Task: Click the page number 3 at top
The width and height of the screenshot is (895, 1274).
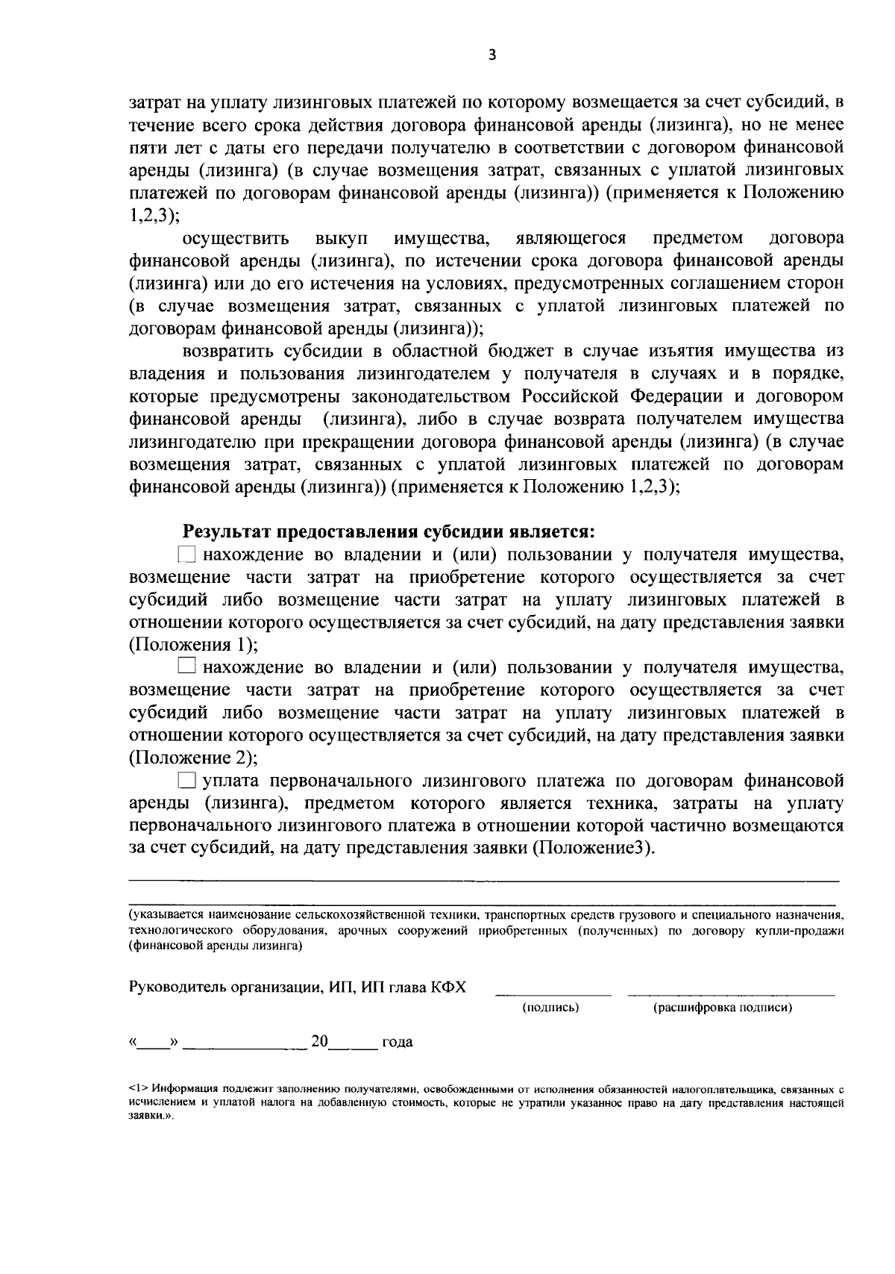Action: click(490, 54)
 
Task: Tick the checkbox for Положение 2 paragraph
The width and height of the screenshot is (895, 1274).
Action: click(187, 666)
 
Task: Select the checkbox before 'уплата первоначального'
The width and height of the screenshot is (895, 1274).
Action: click(187, 781)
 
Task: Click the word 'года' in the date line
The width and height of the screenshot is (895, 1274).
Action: click(397, 1042)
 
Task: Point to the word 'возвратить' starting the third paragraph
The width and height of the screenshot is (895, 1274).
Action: click(228, 352)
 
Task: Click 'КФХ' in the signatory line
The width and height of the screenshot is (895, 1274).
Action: click(448, 987)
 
